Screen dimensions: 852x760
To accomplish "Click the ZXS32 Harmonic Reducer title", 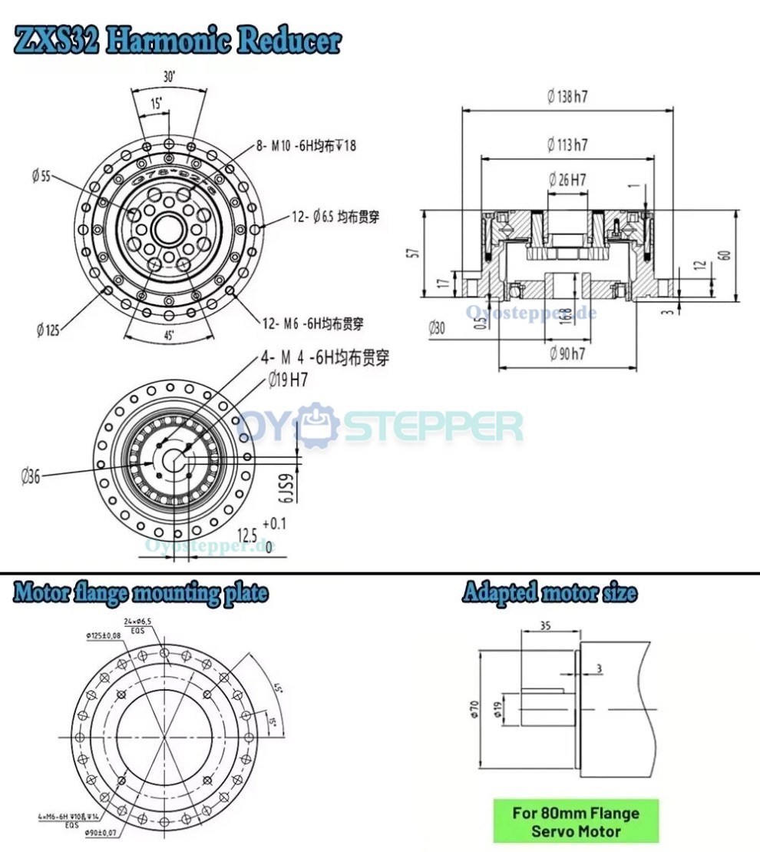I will pos(177,41).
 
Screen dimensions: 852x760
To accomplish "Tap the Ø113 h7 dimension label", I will pos(567,144).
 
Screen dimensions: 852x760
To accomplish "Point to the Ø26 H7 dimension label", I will pos(567,180).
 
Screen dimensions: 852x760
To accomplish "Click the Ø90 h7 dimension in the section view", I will pos(567,354).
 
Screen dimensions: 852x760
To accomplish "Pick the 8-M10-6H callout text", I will pos(307,146).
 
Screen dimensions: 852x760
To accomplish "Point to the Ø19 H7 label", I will pos(288,380).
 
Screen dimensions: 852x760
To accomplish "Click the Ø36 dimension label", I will pos(31,476).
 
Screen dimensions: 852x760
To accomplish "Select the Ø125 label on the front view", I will pos(48,330).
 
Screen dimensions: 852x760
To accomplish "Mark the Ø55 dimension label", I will pos(41,176).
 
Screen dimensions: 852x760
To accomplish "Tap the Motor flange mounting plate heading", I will pos(141,593).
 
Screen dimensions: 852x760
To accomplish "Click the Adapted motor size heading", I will pos(549,593).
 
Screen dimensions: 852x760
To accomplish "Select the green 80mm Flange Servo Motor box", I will pos(575,821).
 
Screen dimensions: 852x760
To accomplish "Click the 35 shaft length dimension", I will pos(546,626).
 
